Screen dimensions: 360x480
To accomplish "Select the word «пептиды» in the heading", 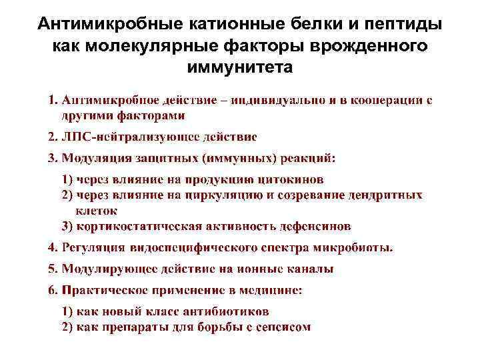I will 404,25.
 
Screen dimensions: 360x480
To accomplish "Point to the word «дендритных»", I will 385,195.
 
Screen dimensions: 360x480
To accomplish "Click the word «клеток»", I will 97,210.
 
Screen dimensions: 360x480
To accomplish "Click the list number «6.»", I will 53,290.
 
